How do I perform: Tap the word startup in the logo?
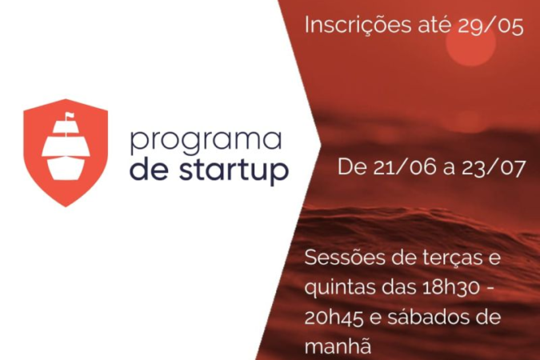coord(234,170)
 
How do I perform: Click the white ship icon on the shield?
coord(66,146)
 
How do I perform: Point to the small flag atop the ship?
coord(70,116)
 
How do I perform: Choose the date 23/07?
coord(493,168)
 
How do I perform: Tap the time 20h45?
coord(334,318)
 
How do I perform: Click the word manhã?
coord(338,346)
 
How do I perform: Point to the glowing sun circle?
coord(471,42)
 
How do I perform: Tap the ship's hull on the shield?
coord(66,169)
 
